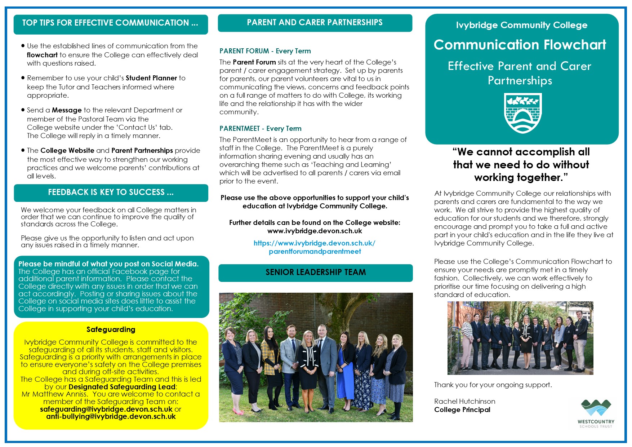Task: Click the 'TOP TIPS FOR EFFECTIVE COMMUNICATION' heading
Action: pos(110,23)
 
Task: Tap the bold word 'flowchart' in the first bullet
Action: pos(42,55)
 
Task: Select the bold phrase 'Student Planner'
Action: pos(151,78)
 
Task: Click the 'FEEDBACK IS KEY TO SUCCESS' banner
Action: pos(111,192)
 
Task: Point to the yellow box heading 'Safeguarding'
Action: pos(111,329)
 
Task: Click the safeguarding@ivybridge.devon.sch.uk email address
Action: pos(106,409)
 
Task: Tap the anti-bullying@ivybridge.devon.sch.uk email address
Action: pos(111,417)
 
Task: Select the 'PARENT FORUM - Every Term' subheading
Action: pos(265,51)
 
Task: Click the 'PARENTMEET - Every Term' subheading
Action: pos(261,129)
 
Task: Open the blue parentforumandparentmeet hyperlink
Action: pos(315,247)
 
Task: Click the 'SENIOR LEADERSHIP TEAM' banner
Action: pos(316,273)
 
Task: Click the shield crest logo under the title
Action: pos(522,113)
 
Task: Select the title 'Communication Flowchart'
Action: pos(520,45)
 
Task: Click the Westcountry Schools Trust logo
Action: pos(596,413)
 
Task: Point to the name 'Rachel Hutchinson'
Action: pos(464,402)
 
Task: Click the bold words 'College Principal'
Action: pos(462,410)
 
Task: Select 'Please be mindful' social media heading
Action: pos(108,264)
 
